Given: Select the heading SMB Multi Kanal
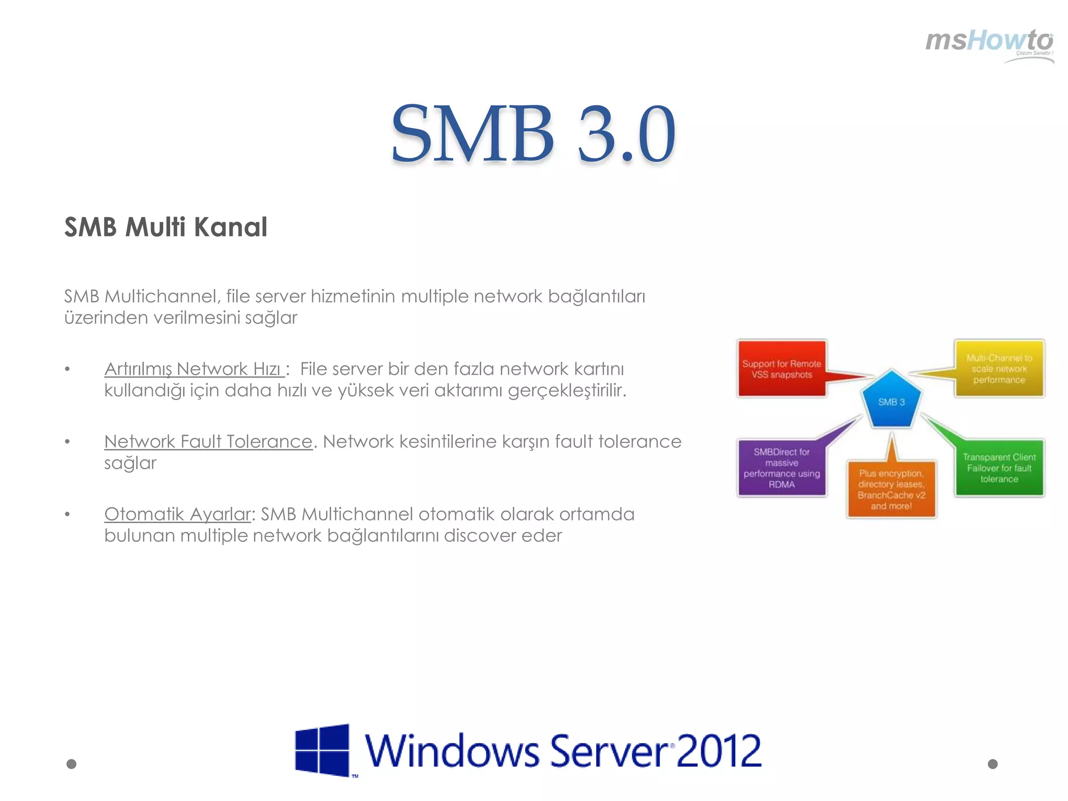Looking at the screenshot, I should click(x=166, y=227).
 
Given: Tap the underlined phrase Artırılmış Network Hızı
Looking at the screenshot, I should click(x=194, y=369).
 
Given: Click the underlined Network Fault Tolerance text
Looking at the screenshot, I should click(x=208, y=442).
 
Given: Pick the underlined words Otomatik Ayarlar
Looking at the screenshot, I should click(x=178, y=514).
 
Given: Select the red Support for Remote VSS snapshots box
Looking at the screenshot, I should click(x=781, y=369).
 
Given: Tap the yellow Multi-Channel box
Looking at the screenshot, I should click(x=999, y=369).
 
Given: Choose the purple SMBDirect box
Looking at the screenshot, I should click(x=781, y=468).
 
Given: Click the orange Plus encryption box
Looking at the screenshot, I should click(x=891, y=489).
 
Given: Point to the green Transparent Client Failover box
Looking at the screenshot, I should click(x=999, y=468).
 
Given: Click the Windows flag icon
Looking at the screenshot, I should click(x=322, y=750).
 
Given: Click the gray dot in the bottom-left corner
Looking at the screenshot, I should click(x=71, y=764).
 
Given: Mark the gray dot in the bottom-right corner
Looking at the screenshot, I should click(x=993, y=764).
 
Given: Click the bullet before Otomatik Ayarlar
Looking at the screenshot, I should click(x=67, y=514).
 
